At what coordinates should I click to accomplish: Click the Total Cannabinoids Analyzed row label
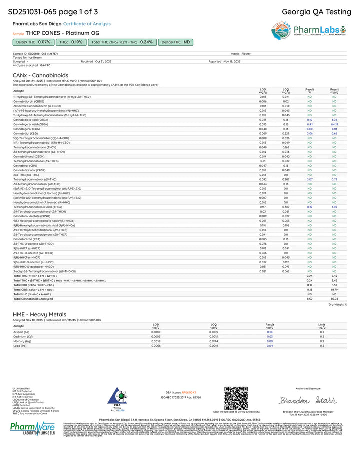(33, 298)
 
